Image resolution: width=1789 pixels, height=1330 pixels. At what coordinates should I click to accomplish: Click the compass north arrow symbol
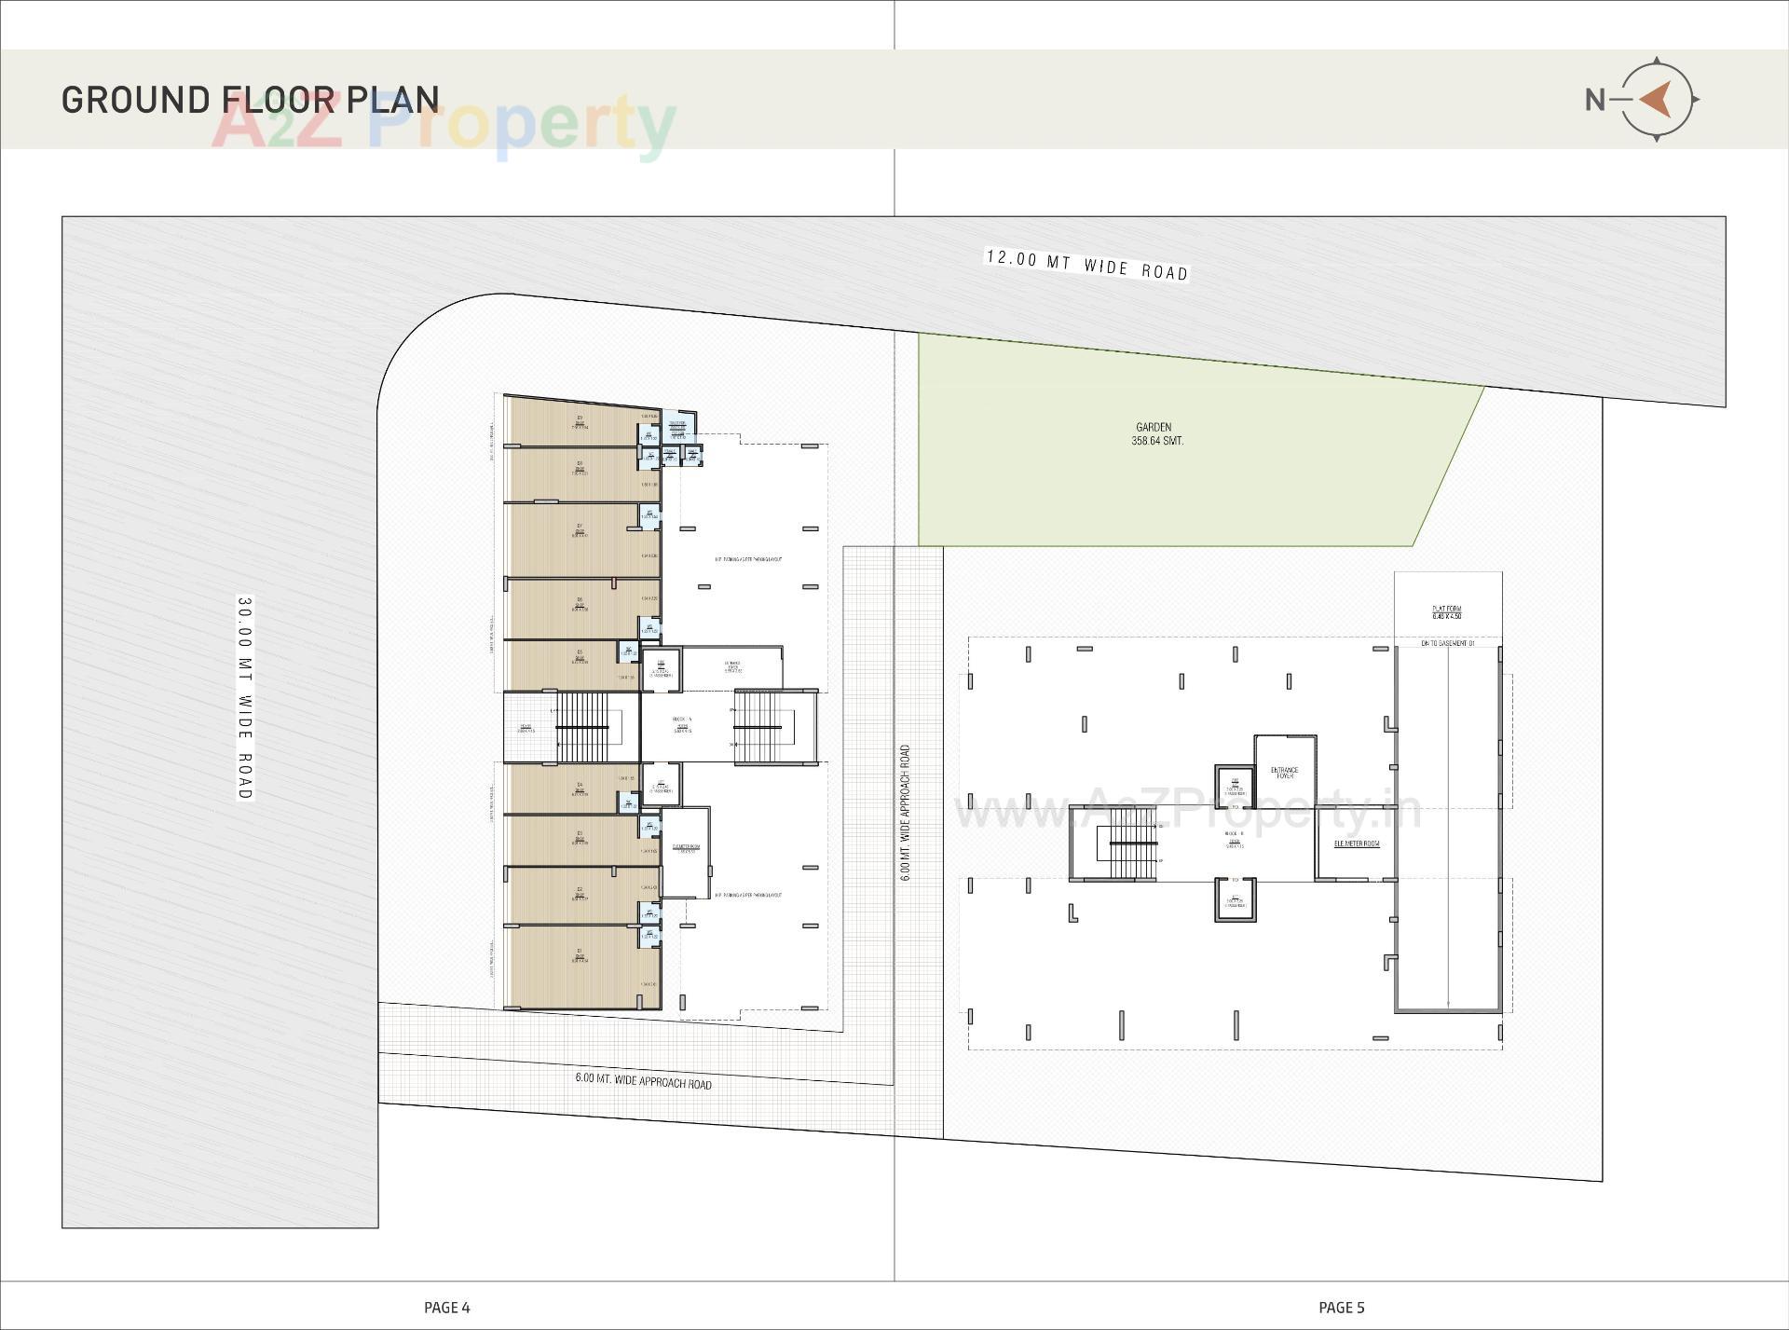point(1656,99)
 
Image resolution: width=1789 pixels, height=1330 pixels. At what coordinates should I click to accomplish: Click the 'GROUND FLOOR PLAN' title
point(250,100)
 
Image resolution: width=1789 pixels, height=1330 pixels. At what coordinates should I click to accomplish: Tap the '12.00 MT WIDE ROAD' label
point(1086,265)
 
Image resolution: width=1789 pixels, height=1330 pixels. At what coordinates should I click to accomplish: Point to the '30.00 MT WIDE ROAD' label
point(244,698)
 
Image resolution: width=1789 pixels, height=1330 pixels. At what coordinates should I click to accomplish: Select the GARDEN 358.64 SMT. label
point(1156,434)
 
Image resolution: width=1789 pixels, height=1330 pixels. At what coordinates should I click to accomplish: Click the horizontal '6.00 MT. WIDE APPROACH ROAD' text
point(643,1081)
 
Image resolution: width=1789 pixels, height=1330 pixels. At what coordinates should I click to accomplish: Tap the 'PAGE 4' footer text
point(446,1308)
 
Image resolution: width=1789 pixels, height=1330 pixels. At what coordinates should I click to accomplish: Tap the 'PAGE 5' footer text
point(1341,1308)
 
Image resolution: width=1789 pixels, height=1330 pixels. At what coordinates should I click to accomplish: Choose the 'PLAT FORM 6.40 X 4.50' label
point(1447,612)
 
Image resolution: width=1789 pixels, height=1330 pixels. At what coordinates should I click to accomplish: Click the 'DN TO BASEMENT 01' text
point(1447,643)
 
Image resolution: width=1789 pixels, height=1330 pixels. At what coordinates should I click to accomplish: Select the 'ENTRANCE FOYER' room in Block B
point(1284,773)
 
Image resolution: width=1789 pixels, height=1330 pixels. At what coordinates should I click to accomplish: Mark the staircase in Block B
point(1131,843)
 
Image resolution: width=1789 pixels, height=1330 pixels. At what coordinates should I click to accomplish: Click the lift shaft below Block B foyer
point(1236,899)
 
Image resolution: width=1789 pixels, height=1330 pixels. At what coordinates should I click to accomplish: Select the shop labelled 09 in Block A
point(580,422)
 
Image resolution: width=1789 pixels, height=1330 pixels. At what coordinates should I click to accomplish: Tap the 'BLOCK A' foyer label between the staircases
point(682,724)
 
